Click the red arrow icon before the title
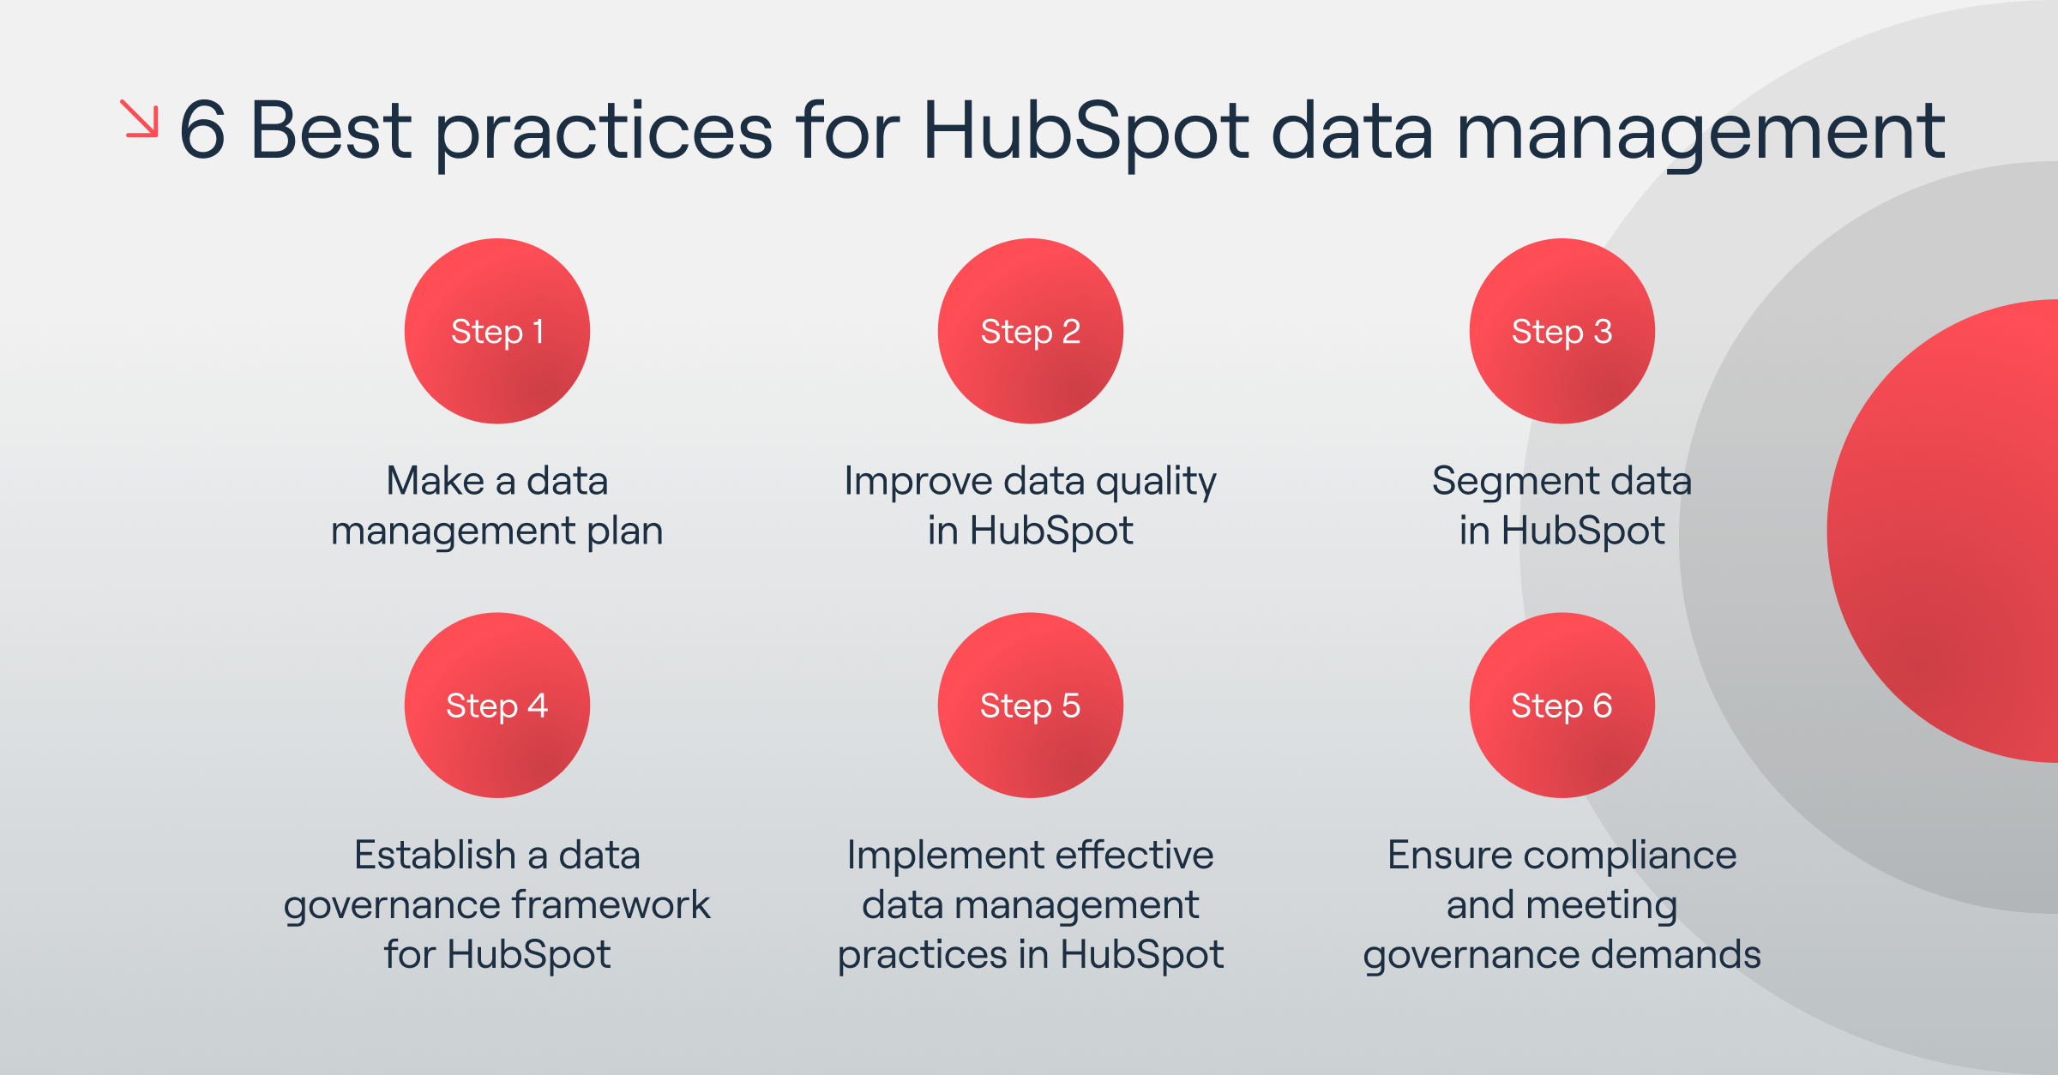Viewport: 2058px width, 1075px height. (140, 118)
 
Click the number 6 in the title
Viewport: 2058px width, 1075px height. (202, 130)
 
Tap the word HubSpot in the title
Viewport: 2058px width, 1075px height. (1085, 130)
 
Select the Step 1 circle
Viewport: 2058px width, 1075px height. (497, 331)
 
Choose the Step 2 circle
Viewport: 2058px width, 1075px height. (1030, 331)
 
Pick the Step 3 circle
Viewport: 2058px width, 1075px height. (1562, 331)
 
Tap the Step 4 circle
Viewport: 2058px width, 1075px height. (497, 705)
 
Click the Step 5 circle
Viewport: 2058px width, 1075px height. (1030, 705)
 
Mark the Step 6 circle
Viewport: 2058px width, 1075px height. (1562, 705)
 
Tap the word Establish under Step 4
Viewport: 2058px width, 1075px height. (435, 856)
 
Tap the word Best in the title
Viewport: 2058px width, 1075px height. (330, 130)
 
